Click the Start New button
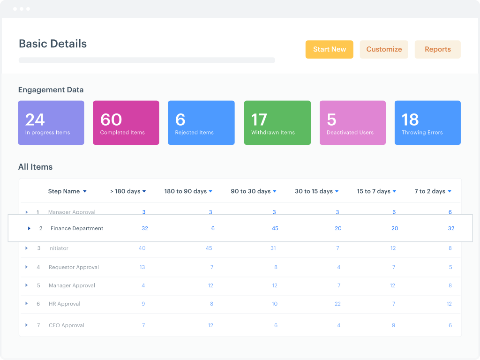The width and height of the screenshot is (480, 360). (x=329, y=49)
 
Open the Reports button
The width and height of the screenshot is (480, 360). (x=437, y=49)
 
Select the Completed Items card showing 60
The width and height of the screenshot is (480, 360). (x=126, y=123)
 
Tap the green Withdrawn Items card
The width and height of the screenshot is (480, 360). (x=277, y=123)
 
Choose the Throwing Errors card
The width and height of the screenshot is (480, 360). (x=427, y=123)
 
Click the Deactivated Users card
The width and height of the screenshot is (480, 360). (x=352, y=123)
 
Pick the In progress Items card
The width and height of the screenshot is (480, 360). (x=51, y=123)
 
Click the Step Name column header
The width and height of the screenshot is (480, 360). (x=64, y=191)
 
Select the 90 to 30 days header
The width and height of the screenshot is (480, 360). (x=251, y=191)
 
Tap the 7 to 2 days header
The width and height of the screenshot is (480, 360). (x=430, y=191)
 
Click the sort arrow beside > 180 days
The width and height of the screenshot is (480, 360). (x=144, y=191)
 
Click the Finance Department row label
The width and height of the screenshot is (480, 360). (x=77, y=228)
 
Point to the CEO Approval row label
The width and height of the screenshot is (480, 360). (x=67, y=325)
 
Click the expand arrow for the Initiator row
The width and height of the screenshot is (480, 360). (x=27, y=248)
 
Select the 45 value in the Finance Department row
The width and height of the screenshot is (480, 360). (x=275, y=228)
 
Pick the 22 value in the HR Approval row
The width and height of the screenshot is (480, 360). (x=337, y=304)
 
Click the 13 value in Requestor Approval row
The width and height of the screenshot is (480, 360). (x=142, y=267)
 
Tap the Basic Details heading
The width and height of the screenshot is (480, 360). (x=52, y=44)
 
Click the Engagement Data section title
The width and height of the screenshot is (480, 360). (x=51, y=90)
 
